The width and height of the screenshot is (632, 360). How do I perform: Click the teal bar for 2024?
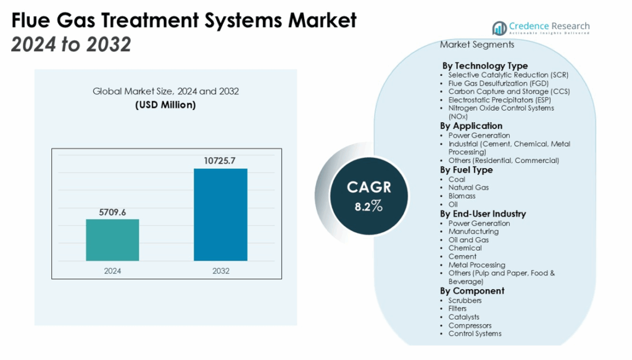coord(112,240)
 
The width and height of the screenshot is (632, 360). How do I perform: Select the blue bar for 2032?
coord(220,214)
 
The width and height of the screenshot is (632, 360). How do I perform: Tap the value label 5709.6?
coord(112,212)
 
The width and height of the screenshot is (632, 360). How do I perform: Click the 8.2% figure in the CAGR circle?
coord(369,206)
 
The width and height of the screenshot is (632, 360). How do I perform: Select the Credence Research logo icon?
coord(499,28)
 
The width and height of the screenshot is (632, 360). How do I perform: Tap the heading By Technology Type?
coord(484,65)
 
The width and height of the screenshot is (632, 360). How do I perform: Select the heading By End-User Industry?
coord(483,214)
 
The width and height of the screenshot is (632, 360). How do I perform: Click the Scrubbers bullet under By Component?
coord(465,300)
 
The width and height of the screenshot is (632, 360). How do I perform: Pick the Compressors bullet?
coord(470,325)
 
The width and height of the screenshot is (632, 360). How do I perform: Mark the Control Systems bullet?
coord(475,333)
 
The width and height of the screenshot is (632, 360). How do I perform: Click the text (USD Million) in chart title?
coord(165,105)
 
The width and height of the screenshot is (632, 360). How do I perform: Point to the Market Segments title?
coord(476,45)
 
